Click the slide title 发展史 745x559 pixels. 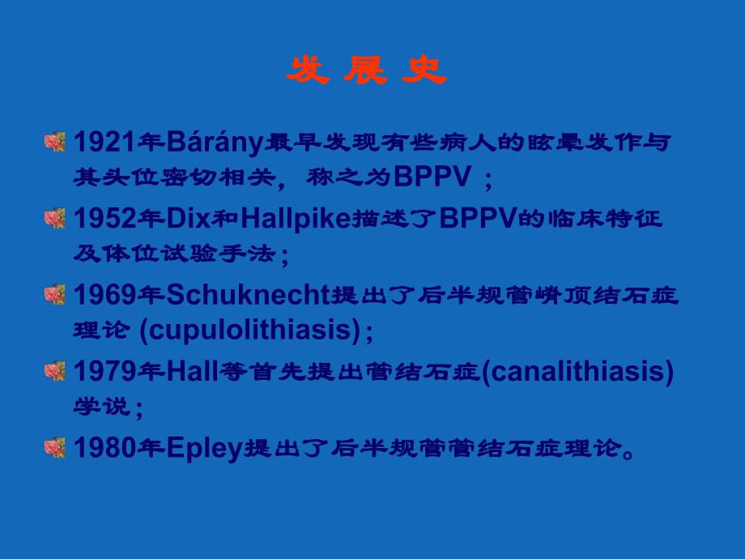coord(367,72)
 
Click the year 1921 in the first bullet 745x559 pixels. coord(104,143)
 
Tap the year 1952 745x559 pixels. coord(104,219)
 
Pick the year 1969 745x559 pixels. coord(104,295)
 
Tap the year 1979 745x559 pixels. coord(104,371)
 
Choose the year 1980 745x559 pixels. coord(104,447)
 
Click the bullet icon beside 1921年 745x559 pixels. coord(55,142)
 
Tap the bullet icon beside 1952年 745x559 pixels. coord(55,218)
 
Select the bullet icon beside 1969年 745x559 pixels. coord(55,294)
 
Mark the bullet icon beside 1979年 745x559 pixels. coord(55,370)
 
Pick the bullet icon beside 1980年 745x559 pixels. coord(55,446)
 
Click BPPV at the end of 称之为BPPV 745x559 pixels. coord(434,177)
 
